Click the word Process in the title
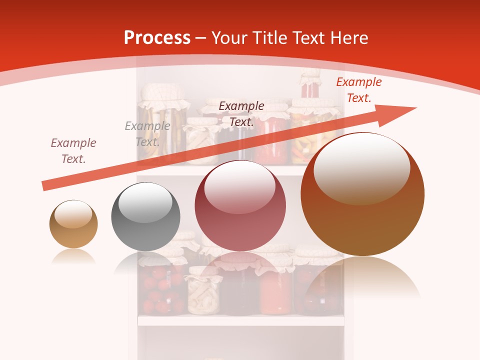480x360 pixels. (x=157, y=38)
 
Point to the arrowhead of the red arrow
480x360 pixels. (x=400, y=113)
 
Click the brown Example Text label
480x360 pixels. (x=73, y=150)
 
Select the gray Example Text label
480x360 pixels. (x=147, y=133)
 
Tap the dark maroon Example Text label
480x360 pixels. (x=241, y=113)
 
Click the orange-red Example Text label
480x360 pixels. (x=358, y=90)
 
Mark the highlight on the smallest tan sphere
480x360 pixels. (x=73, y=214)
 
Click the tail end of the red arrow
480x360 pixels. (x=45, y=186)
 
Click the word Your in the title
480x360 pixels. (x=229, y=38)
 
